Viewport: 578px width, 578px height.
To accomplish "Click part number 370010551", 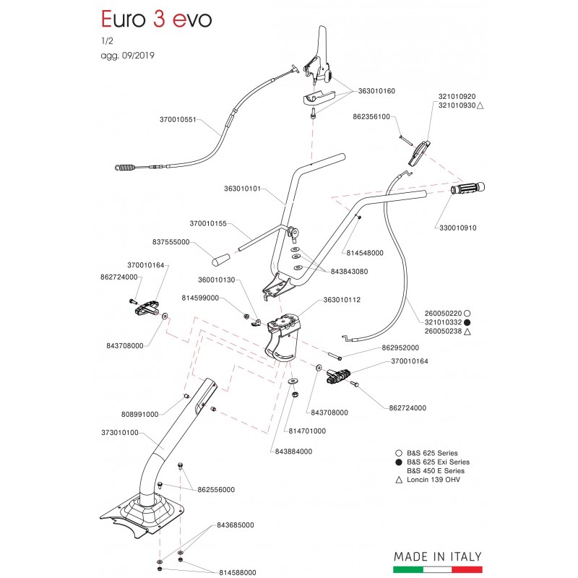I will [178, 119].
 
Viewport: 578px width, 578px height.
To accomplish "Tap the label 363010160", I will [376, 91].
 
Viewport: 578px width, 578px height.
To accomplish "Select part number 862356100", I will [371, 116].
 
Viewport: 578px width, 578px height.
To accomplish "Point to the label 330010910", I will [458, 228].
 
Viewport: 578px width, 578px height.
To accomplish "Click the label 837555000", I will [171, 242].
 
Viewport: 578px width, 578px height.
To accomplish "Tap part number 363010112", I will [342, 300].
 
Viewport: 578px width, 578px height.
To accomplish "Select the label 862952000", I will [400, 348].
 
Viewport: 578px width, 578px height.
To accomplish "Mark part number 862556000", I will [216, 489].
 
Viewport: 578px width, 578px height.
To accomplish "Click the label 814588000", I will [237, 572].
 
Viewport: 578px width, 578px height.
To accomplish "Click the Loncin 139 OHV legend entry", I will [433, 480].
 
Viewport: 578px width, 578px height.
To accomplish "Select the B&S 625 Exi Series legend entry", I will [438, 462].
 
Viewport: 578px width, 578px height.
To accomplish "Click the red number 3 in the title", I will [158, 20].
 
